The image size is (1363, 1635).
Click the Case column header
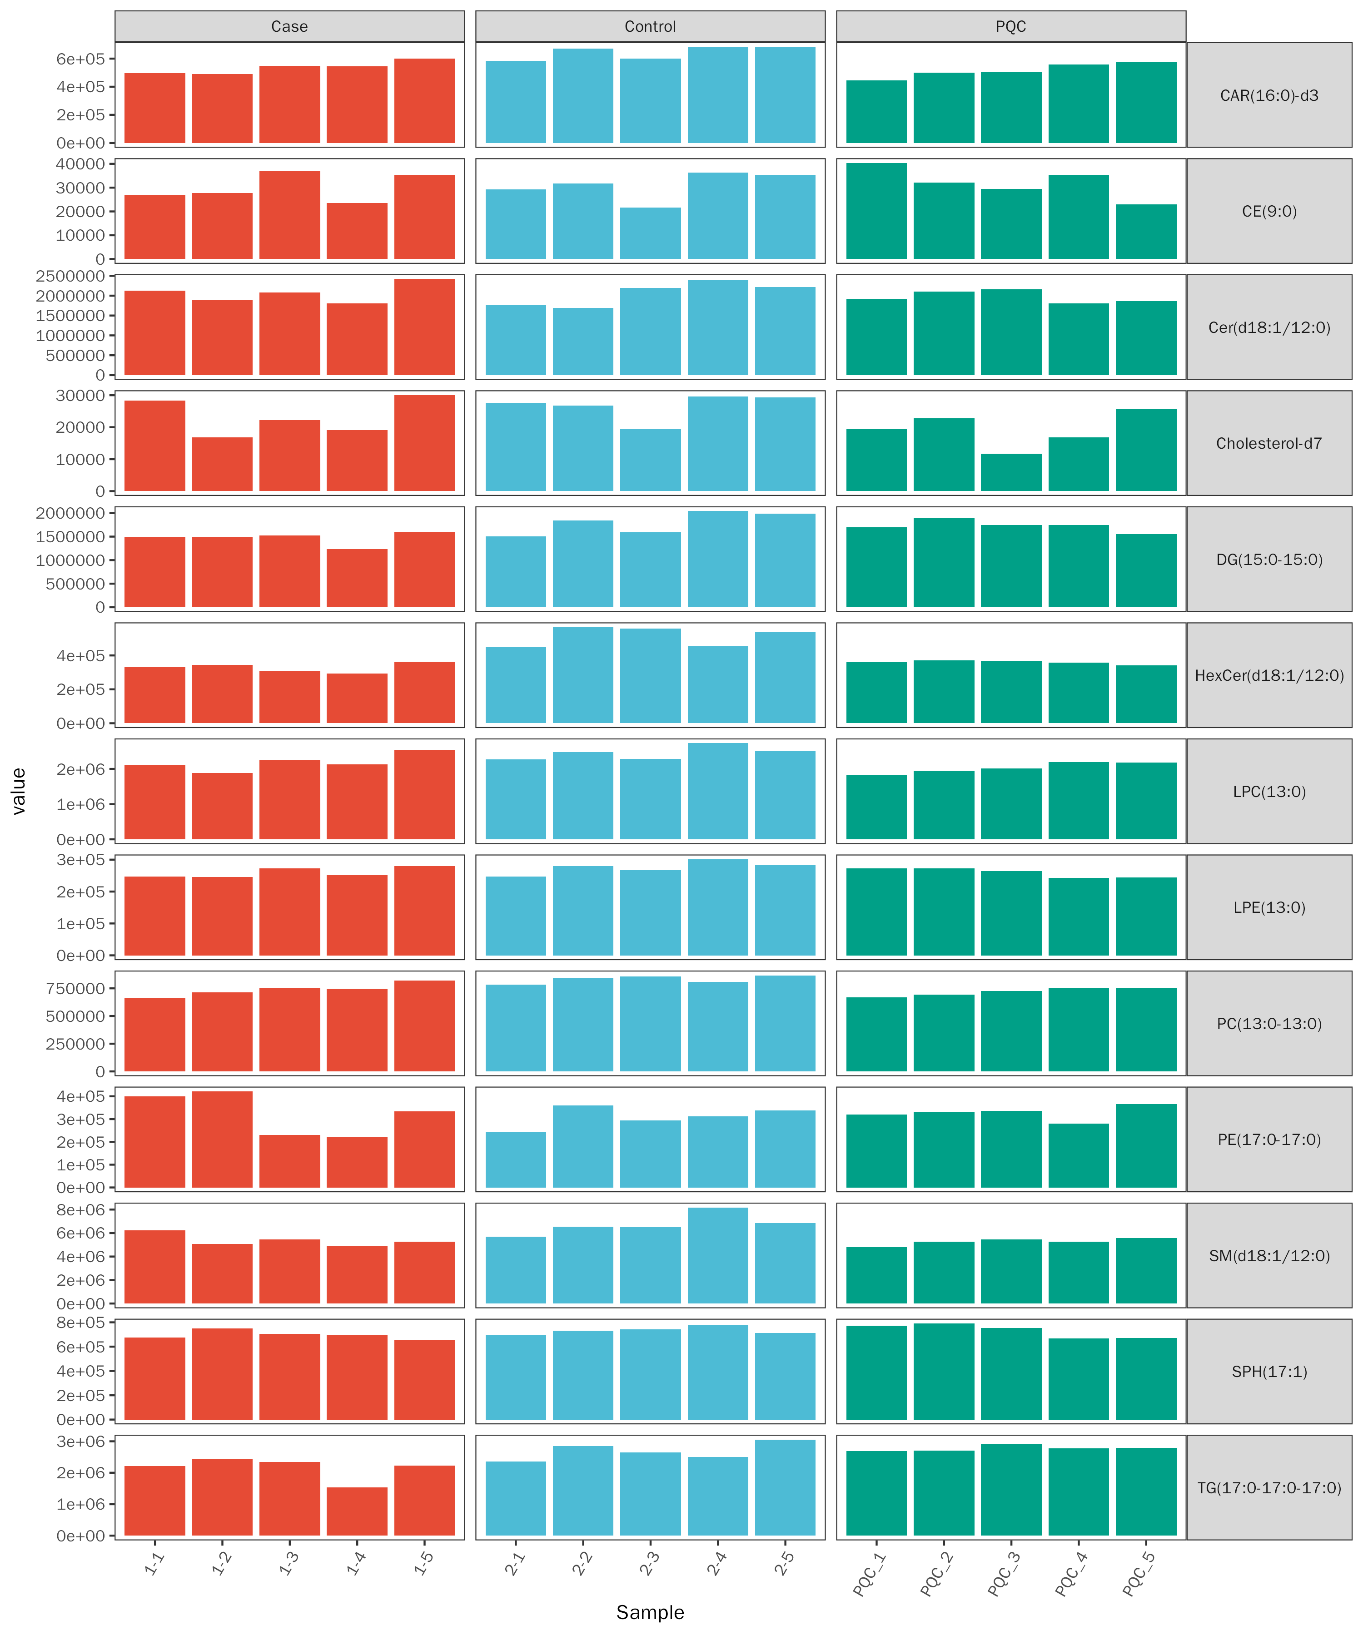(x=289, y=26)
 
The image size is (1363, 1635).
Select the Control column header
(x=650, y=26)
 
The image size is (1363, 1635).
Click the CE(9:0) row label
(x=1269, y=211)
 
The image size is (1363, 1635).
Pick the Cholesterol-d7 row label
(x=1269, y=443)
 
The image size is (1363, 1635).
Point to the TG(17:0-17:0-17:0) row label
(x=1269, y=1488)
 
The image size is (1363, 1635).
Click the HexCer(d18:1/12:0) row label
(x=1269, y=675)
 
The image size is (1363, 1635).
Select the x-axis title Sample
(x=650, y=1612)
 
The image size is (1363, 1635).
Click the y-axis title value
(x=19, y=791)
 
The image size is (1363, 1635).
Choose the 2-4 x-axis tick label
(x=716, y=1563)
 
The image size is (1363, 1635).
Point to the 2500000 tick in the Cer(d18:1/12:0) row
(x=70, y=277)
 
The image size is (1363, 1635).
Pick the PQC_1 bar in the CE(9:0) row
(x=876, y=211)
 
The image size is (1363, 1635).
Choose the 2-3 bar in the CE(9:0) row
(x=650, y=233)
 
